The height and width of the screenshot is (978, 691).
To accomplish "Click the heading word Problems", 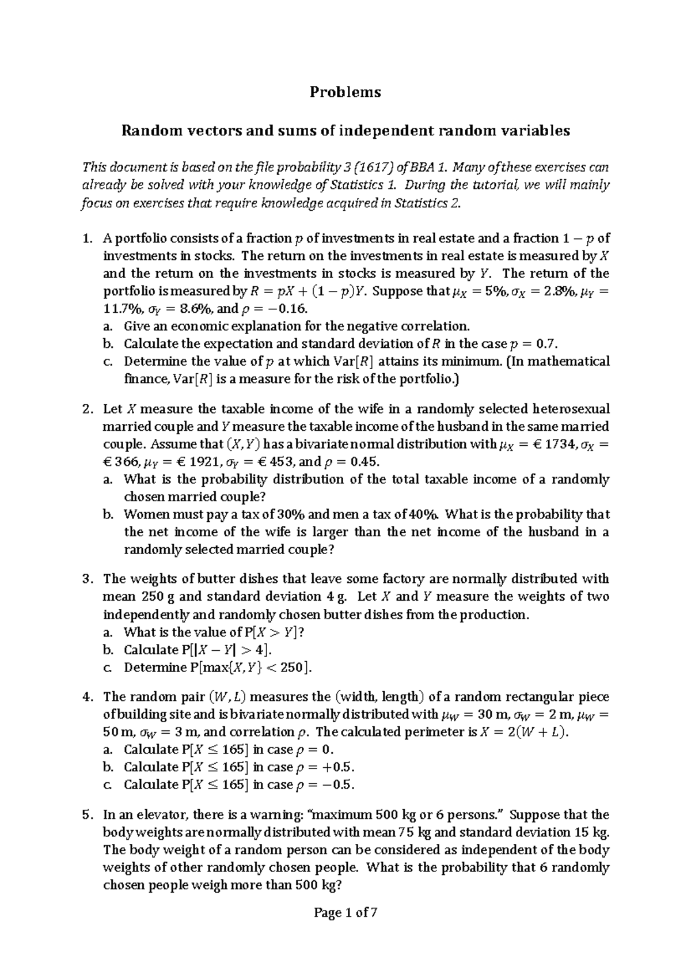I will [x=345, y=92].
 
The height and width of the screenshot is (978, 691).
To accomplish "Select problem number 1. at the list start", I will [x=87, y=238].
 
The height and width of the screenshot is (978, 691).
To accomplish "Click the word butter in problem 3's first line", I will [x=208, y=579].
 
